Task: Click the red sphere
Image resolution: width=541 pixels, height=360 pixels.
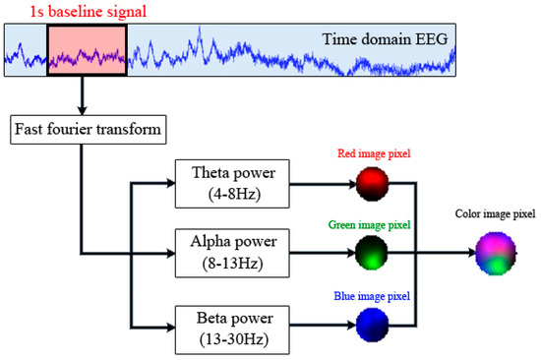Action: point(374,185)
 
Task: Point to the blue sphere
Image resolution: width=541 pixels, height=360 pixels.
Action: point(374,327)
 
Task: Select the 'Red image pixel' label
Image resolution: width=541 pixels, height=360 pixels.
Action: point(374,153)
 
